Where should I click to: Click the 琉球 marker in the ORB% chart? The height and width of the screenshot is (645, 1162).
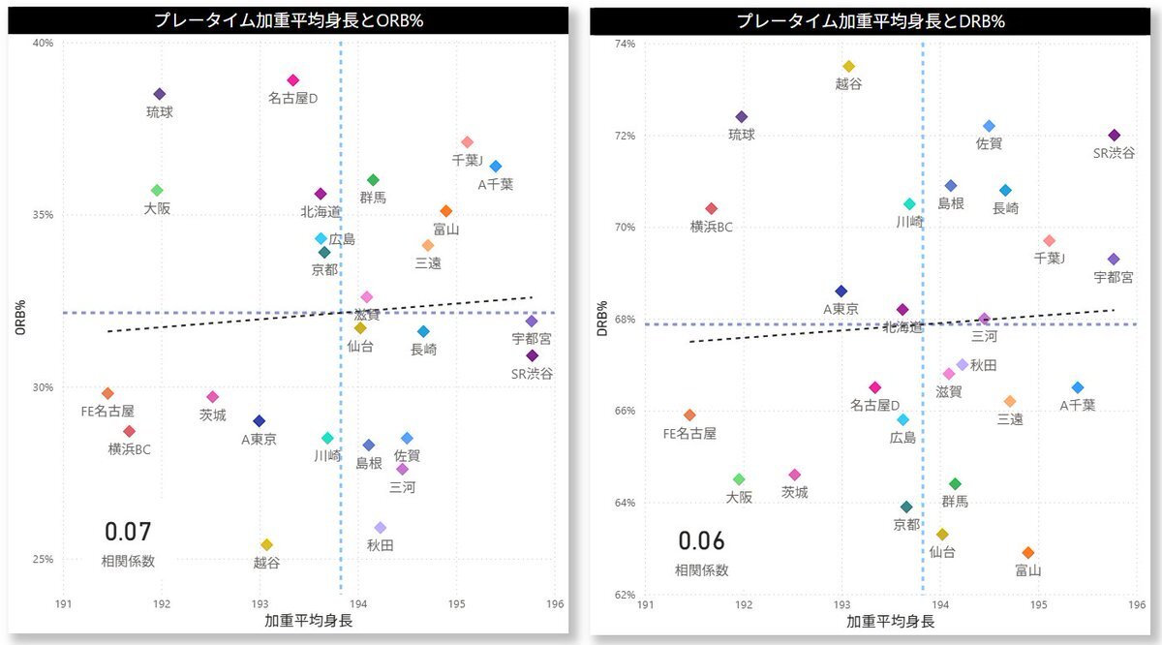tap(160, 94)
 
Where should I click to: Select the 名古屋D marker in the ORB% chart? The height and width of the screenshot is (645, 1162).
tap(293, 80)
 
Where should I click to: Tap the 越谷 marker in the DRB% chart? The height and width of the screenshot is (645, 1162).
tap(849, 67)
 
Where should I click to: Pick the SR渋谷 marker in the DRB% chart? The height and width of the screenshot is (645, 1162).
tap(1114, 136)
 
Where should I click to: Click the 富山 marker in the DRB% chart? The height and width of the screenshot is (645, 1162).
tap(1028, 553)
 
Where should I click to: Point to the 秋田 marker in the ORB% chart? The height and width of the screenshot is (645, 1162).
tap(381, 528)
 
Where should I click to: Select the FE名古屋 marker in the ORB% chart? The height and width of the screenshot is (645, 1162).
tap(107, 393)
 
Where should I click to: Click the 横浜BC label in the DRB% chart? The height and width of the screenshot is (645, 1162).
tap(712, 227)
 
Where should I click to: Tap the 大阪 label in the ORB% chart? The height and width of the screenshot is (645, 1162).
tap(157, 208)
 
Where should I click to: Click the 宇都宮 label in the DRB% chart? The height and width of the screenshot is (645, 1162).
tap(1114, 277)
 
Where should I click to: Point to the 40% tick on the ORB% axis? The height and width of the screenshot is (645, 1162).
tap(43, 43)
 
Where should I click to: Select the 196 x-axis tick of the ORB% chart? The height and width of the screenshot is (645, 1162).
tap(555, 604)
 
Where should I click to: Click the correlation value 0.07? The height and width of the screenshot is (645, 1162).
tap(128, 532)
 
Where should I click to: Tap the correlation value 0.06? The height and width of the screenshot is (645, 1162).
tap(701, 541)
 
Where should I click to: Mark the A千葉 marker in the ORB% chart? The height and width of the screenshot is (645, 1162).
tap(496, 167)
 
